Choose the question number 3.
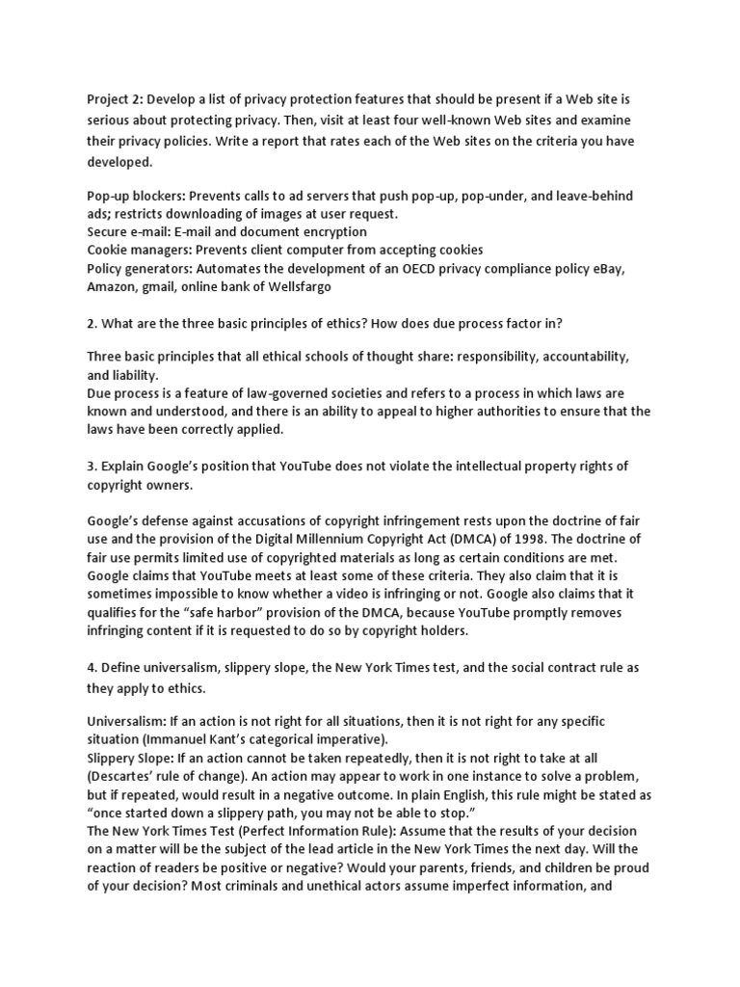(x=92, y=467)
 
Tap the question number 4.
(x=92, y=668)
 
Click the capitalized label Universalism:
(x=126, y=722)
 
